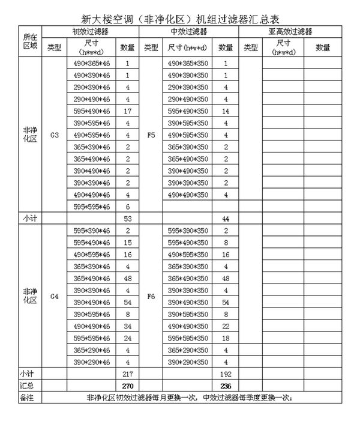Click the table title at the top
pyautogui.click(x=179, y=11)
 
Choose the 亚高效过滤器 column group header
pyautogui.click(x=290, y=31)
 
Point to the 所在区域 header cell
pyautogui.click(x=22, y=41)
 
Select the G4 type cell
pyautogui.click(x=55, y=296)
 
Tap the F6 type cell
pyautogui.click(x=151, y=296)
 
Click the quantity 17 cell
pyautogui.click(x=128, y=111)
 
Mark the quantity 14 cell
pyautogui.click(x=226, y=111)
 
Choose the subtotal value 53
pyautogui.click(x=128, y=219)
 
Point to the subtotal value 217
pyautogui.click(x=128, y=374)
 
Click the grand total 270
pyautogui.click(x=128, y=385)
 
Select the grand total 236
pyautogui.click(x=226, y=385)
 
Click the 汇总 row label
pyautogui.click(x=22, y=385)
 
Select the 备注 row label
pyautogui.click(x=22, y=397)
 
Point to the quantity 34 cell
pyautogui.click(x=128, y=326)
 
